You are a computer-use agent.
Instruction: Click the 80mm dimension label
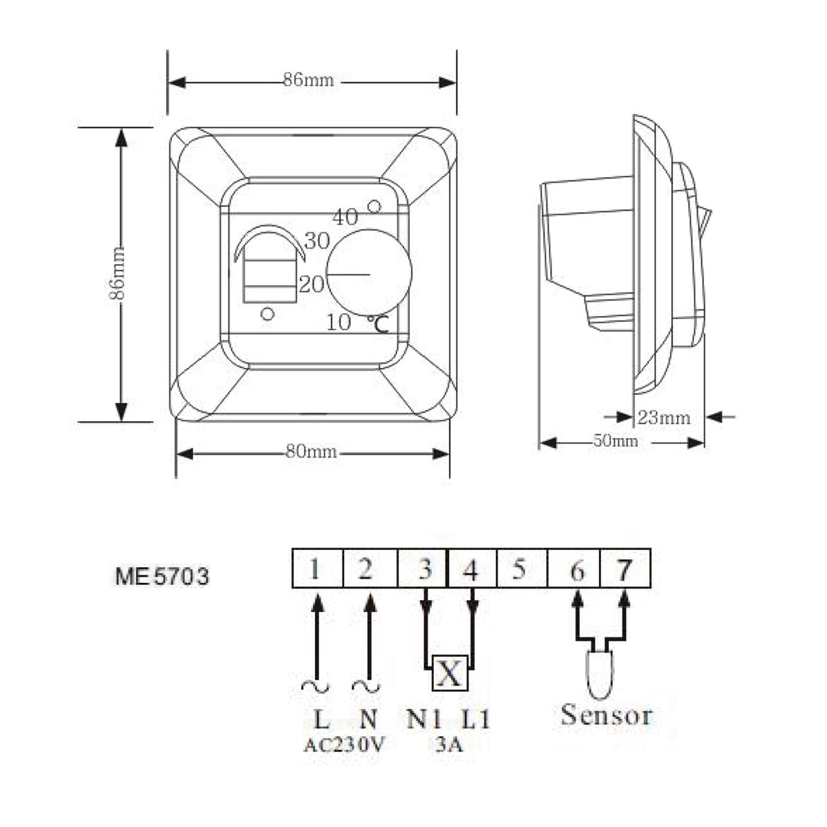coord(311,452)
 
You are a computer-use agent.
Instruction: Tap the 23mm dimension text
coord(664,417)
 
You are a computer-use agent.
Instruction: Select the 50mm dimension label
coord(615,441)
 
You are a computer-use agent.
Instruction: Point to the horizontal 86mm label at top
coord(308,80)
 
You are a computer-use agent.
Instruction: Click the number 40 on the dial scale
coord(345,217)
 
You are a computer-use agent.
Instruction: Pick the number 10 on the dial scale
coord(338,322)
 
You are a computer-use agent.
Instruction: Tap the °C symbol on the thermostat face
coord(379,324)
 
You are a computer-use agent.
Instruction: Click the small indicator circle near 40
coord(374,207)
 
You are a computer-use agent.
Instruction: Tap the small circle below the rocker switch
coord(268,313)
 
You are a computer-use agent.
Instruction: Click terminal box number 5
coord(521,569)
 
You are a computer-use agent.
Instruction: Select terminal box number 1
coord(316,569)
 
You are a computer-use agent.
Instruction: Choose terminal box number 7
coord(625,569)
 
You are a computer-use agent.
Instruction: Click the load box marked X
coord(449,673)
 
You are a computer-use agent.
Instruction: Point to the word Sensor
coord(606,715)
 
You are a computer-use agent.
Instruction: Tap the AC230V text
coord(344,745)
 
